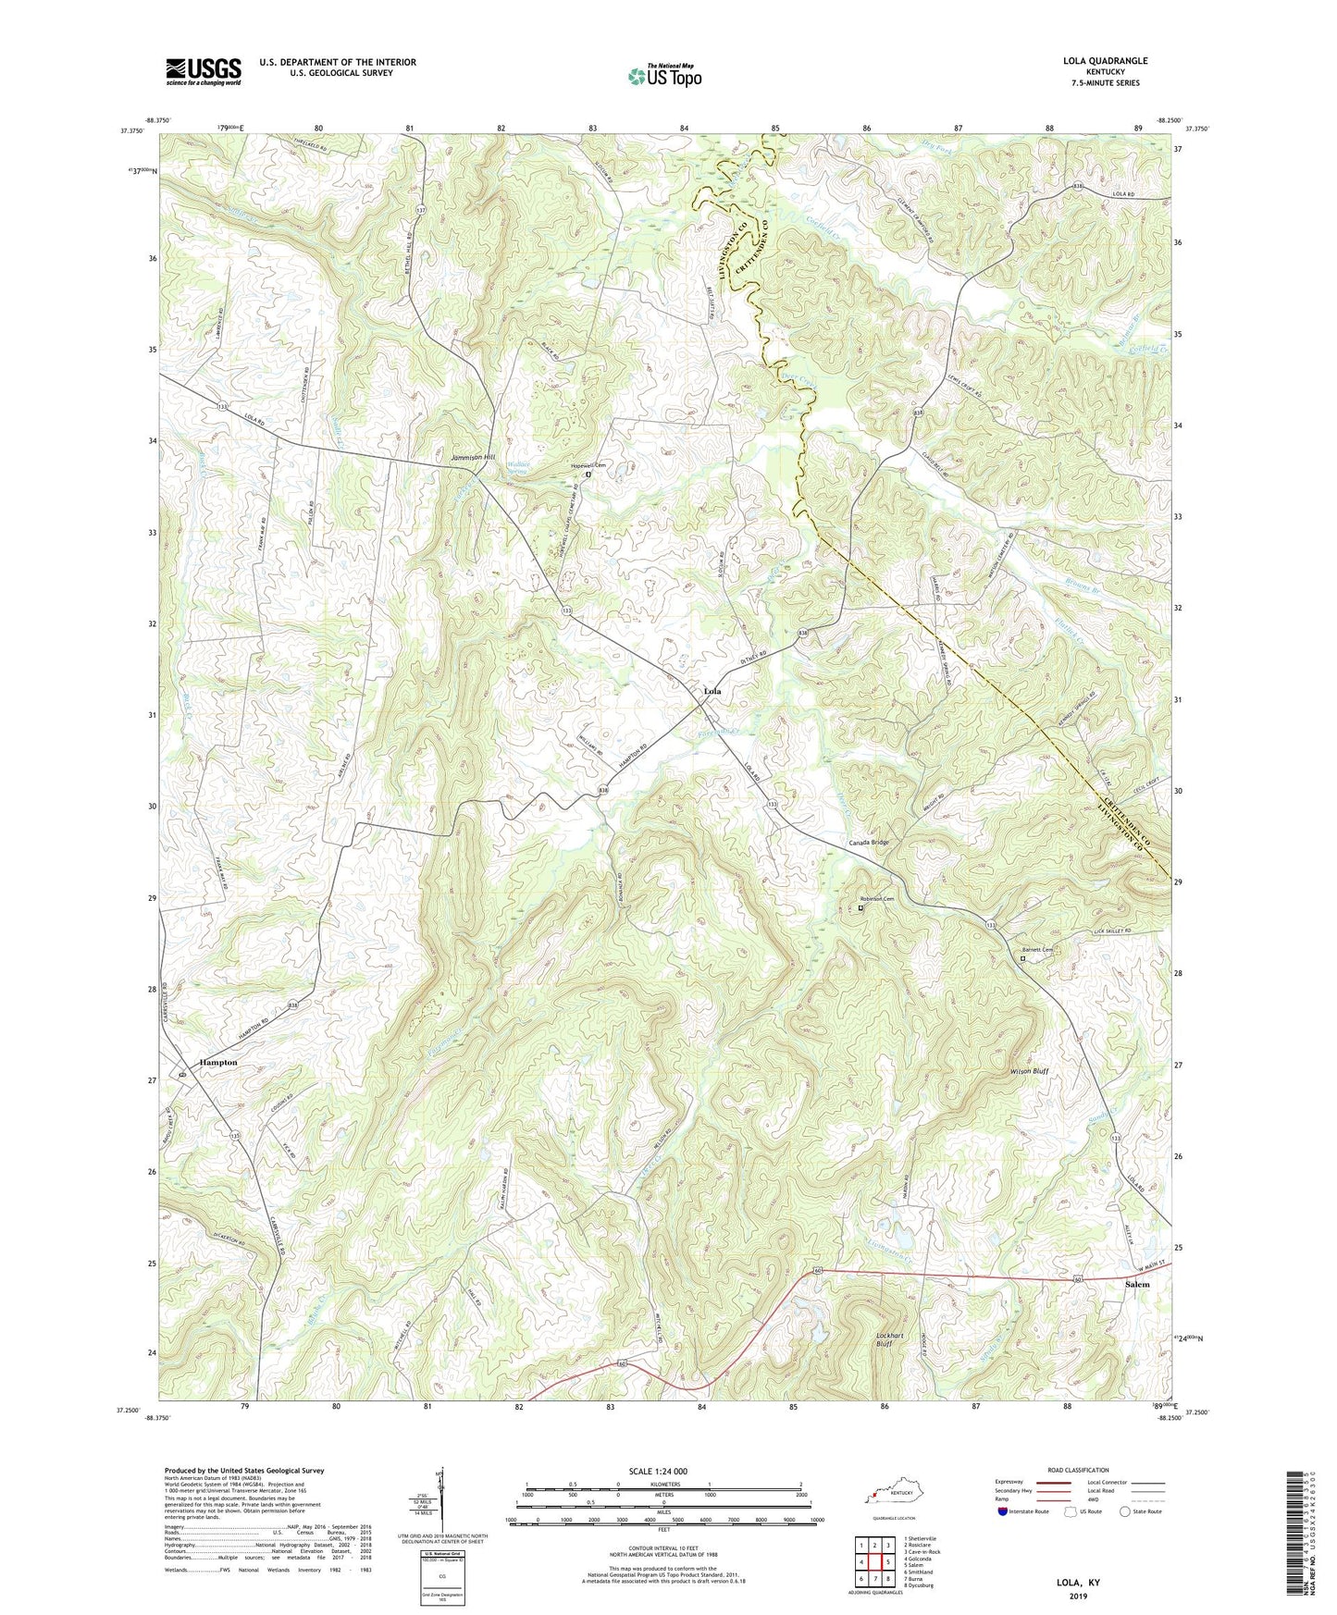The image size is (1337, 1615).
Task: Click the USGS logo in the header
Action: pyautogui.click(x=204, y=70)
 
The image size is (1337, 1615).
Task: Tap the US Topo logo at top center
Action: pyautogui.click(x=664, y=76)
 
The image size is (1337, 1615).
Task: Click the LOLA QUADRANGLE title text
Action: pyautogui.click(x=1105, y=61)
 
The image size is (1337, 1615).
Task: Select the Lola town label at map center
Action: pyautogui.click(x=712, y=691)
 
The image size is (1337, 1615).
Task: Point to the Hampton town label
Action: pyautogui.click(x=218, y=1063)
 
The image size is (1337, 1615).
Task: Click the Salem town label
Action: pyautogui.click(x=1136, y=1284)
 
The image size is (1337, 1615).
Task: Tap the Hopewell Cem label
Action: pyautogui.click(x=588, y=465)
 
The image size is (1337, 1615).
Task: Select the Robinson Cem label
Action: pyautogui.click(x=876, y=899)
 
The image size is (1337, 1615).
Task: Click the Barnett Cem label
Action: pyautogui.click(x=1038, y=950)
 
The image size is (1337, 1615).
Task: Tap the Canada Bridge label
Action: pyautogui.click(x=869, y=843)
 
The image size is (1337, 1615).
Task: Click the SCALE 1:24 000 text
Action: pyautogui.click(x=658, y=1472)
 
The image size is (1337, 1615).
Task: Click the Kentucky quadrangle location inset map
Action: pyautogui.click(x=887, y=1495)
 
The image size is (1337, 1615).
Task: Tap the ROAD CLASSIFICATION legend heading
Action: pyautogui.click(x=1078, y=1470)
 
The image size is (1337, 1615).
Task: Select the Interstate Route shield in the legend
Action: pyautogui.click(x=1004, y=1512)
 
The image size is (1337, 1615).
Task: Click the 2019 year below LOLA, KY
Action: pyautogui.click(x=1078, y=1597)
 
